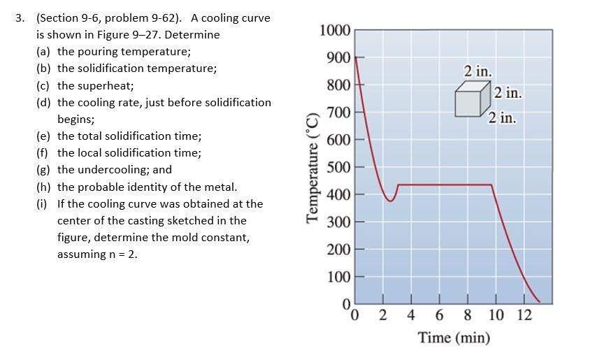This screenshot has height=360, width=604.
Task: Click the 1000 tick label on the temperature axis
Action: [334, 30]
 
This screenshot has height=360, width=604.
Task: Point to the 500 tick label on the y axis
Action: [338, 168]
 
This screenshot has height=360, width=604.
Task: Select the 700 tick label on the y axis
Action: [338, 113]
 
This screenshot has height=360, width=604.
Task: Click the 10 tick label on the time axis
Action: [495, 315]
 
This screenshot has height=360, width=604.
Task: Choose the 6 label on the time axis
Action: [439, 315]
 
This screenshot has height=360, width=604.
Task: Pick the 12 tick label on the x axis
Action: [524, 315]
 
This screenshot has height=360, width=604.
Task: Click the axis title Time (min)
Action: [454, 338]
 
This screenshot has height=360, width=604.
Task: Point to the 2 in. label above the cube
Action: [478, 71]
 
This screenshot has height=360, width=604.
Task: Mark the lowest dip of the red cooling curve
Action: [391, 201]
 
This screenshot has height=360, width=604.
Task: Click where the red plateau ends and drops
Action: [492, 185]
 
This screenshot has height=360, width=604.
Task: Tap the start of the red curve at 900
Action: [356, 57]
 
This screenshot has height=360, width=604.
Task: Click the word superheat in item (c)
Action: [105, 85]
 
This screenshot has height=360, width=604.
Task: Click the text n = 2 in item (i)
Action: [120, 254]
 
